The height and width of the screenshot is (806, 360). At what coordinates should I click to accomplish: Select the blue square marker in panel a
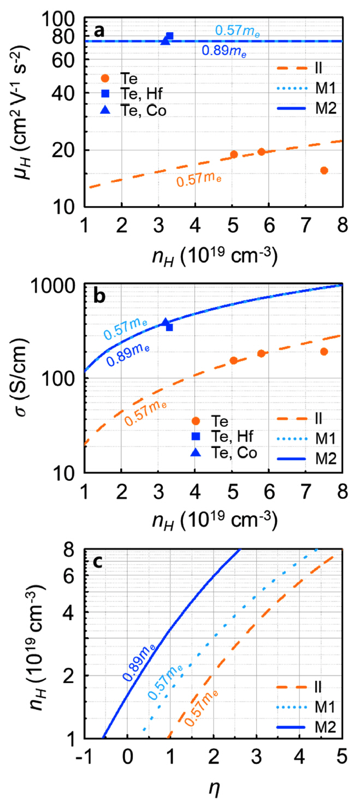[169, 36]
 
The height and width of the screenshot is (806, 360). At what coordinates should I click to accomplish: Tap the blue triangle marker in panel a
[165, 41]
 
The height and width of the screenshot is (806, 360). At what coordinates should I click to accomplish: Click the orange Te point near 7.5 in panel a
[324, 170]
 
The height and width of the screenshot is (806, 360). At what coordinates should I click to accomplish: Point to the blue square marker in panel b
[169, 327]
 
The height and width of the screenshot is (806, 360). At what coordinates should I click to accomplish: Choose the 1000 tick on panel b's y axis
[60, 285]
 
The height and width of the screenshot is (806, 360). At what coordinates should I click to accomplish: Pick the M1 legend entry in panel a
[318, 90]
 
